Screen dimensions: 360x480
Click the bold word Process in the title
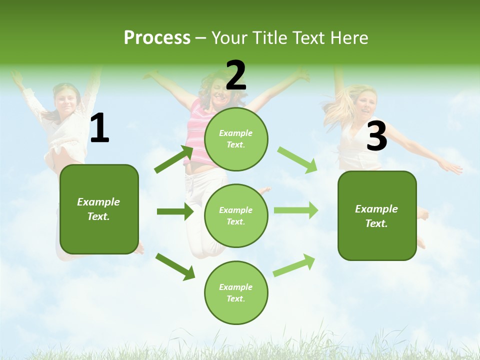pyautogui.click(x=157, y=38)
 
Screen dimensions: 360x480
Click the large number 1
pyautogui.click(x=99, y=129)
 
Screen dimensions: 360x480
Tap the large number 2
pyautogui.click(x=235, y=76)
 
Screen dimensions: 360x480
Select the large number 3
pyautogui.click(x=376, y=136)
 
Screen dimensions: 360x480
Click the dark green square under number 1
pyautogui.click(x=99, y=209)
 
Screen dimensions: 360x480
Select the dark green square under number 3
pyautogui.click(x=377, y=215)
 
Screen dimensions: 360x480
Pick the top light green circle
pyautogui.click(x=236, y=139)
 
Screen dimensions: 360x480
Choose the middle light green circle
pyautogui.click(x=236, y=215)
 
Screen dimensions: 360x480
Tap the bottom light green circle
pyautogui.click(x=236, y=292)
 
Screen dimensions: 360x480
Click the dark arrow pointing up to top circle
pyautogui.click(x=174, y=159)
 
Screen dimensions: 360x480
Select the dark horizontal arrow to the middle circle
pyautogui.click(x=175, y=211)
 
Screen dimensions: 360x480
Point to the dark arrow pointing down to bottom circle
pyautogui.click(x=175, y=266)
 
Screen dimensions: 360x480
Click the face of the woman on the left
pyautogui.click(x=66, y=101)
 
